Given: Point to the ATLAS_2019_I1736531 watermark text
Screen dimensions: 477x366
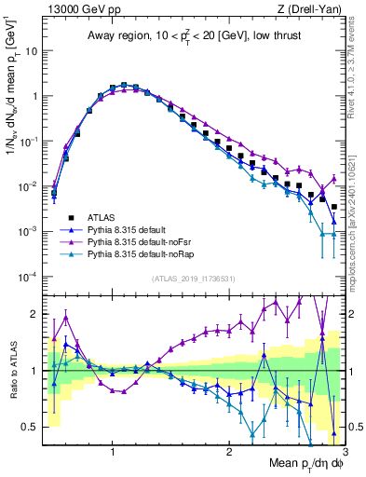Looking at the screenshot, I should pyautogui.click(x=193, y=279).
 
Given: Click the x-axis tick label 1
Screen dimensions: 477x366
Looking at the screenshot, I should pyautogui.click(x=113, y=450).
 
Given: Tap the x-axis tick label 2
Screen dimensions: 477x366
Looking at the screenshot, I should pyautogui.click(x=229, y=450).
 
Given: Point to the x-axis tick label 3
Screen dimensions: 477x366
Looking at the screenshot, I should pyautogui.click(x=344, y=450).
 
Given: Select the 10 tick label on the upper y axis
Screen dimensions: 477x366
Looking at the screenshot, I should pyautogui.click(x=30, y=51).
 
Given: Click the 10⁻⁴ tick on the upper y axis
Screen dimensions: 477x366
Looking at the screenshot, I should pyautogui.click(x=28, y=277).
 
